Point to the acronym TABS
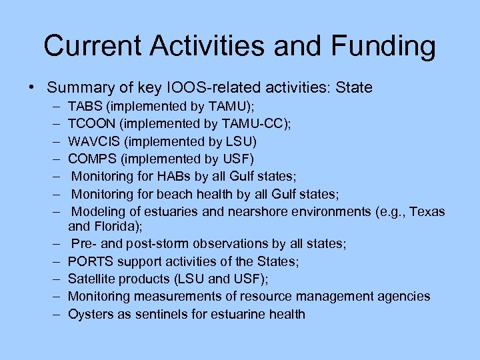[83, 107]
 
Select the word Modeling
[97, 212]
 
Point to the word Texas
[427, 212]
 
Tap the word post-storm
[154, 244]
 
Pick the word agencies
[406, 296]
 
